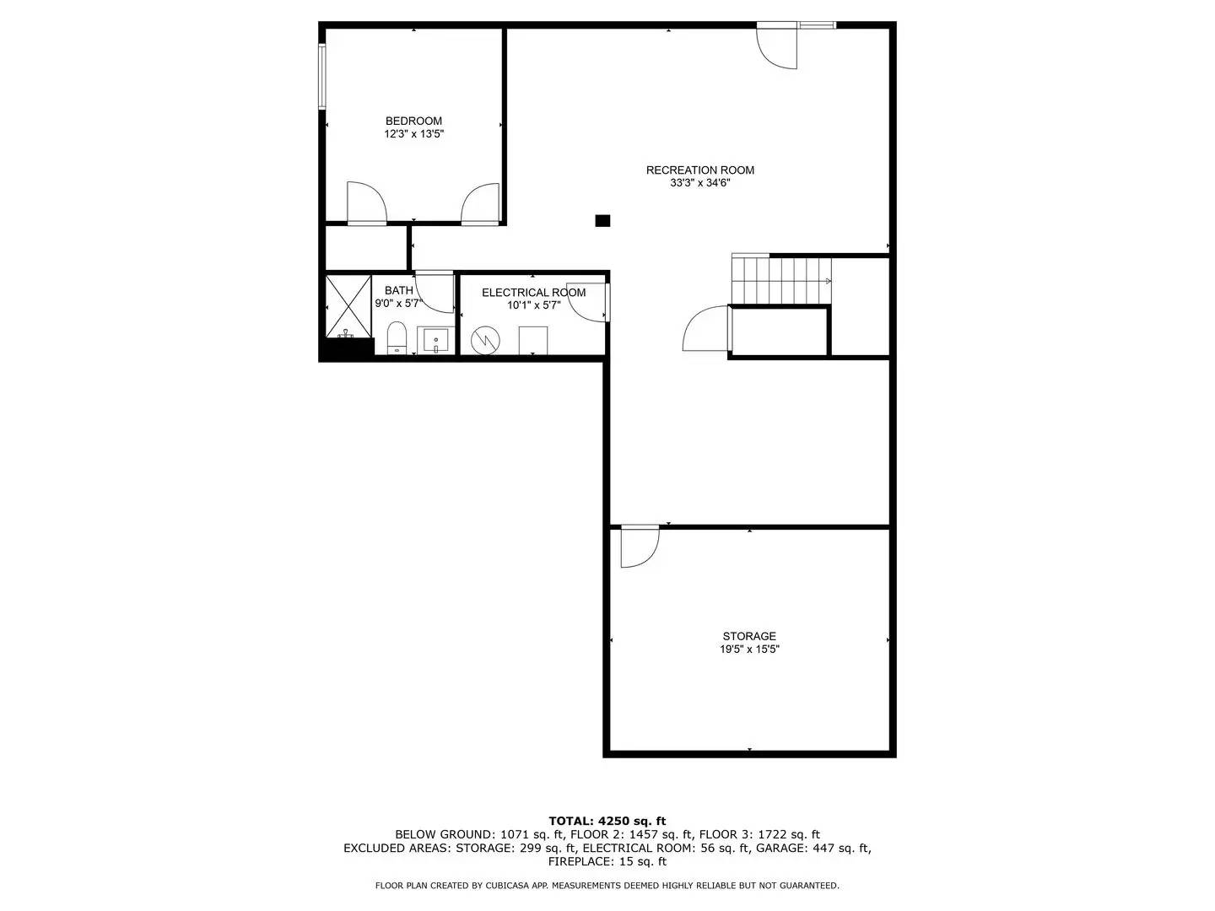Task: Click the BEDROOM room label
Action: [x=413, y=121]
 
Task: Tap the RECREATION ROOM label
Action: [x=699, y=170]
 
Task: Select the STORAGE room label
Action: [x=748, y=636]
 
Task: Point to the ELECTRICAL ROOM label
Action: [x=533, y=293]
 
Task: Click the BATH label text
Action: [x=399, y=290]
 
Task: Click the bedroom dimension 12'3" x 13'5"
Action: [x=413, y=134]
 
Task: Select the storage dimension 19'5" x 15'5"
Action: [x=748, y=650]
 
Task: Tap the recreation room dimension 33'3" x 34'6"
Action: [x=699, y=183]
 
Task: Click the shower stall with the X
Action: [x=348, y=305]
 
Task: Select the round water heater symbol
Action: [x=485, y=340]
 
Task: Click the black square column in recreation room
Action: [x=602, y=221]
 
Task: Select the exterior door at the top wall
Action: [x=776, y=47]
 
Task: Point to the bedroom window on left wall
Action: [x=322, y=76]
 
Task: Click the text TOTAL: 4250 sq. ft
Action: [x=607, y=821]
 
